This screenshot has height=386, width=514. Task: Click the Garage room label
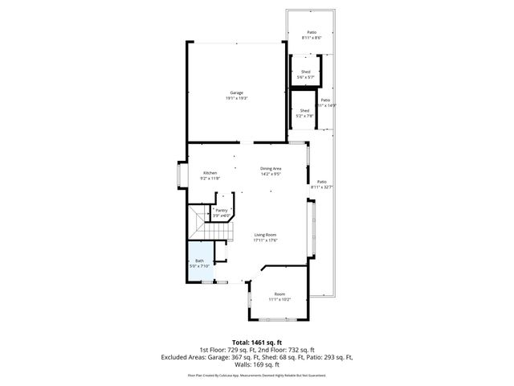click(x=235, y=92)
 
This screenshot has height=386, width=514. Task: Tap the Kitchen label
click(x=210, y=173)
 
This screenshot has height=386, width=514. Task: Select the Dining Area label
click(x=270, y=168)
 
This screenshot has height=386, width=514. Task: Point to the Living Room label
click(x=266, y=234)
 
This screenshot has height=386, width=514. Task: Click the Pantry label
click(x=221, y=210)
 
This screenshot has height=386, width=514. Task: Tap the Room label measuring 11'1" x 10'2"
click(x=279, y=294)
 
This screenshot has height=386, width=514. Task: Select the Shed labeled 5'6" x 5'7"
click(x=305, y=72)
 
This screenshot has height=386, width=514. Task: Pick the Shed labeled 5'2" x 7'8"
click(x=304, y=110)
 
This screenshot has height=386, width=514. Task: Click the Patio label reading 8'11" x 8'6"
click(x=312, y=33)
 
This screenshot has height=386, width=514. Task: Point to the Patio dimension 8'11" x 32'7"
click(x=321, y=187)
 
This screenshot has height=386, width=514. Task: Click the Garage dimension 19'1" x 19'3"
click(x=235, y=98)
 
